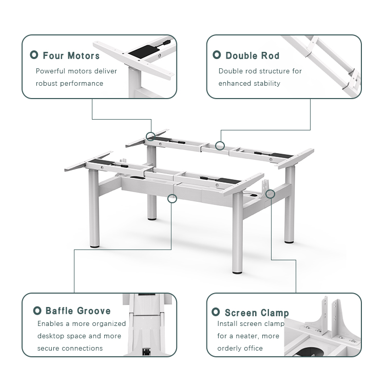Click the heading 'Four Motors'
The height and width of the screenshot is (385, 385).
tap(71, 55)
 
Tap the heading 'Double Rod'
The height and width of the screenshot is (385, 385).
tap(252, 55)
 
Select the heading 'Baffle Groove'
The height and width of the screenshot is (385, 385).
tap(78, 311)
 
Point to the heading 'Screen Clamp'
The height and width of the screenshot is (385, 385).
tap(256, 313)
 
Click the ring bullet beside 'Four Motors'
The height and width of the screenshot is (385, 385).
tap(34, 55)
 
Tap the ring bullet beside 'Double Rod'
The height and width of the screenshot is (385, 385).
tap(217, 55)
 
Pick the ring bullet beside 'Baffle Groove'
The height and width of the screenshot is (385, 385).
tap(37, 311)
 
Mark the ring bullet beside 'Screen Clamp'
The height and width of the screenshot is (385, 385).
tap(216, 312)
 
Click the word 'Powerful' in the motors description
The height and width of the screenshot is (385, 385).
tap(50, 71)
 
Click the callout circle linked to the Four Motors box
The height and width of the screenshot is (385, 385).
tap(150, 136)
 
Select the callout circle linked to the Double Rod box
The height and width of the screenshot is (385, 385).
tap(220, 146)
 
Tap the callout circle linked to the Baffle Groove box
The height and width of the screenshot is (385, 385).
tap(172, 198)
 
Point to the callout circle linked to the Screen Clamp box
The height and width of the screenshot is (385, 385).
tap(271, 194)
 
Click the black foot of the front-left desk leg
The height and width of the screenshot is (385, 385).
tap(95, 246)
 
